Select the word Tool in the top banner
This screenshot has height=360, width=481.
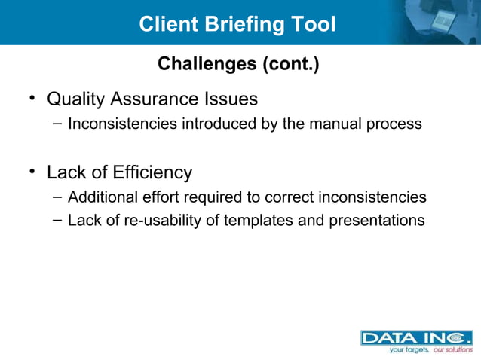tap(313, 24)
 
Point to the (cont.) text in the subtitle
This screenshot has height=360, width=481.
tap(290, 65)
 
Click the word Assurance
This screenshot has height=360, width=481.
tap(155, 99)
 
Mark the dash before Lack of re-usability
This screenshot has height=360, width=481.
tap(57, 220)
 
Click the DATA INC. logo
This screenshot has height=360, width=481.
tap(415, 337)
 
